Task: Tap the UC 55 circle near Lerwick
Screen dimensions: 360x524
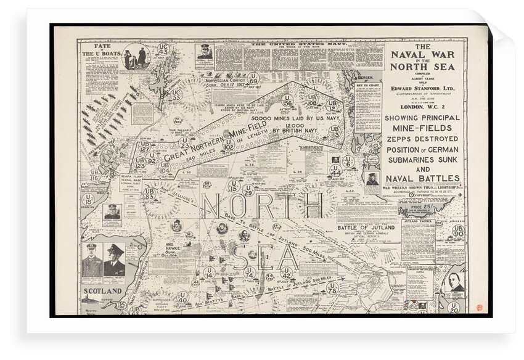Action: [x=176, y=94]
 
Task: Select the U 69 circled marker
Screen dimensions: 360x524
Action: [x=253, y=78]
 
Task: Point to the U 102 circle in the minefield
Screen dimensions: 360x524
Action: [x=229, y=145]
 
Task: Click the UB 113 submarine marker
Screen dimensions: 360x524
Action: [x=335, y=132]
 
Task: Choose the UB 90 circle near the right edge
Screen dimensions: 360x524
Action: [x=457, y=231]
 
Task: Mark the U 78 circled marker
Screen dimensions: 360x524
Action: [x=332, y=287]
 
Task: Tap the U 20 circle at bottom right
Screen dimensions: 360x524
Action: [x=454, y=307]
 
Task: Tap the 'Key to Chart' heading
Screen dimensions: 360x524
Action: [x=367, y=86]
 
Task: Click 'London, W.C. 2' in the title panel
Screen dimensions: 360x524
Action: [x=422, y=106]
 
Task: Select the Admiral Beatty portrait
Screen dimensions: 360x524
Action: [x=115, y=260]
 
